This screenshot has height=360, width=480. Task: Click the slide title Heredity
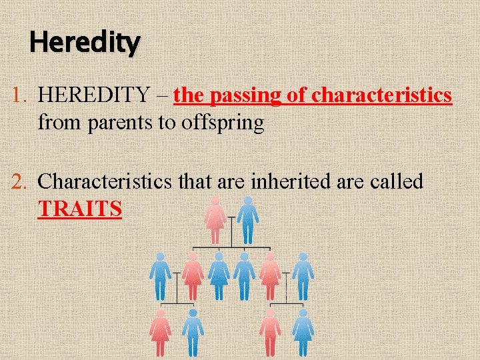pyautogui.click(x=85, y=43)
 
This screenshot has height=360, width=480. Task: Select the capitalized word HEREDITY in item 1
pyautogui.click(x=94, y=96)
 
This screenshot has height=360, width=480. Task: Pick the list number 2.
pyautogui.click(x=19, y=181)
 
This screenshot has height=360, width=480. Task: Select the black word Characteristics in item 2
pyautogui.click(x=107, y=181)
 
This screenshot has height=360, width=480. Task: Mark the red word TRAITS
pyautogui.click(x=80, y=209)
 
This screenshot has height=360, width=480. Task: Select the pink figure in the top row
pyautogui.click(x=215, y=220)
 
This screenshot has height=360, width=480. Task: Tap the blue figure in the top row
pyautogui.click(x=248, y=220)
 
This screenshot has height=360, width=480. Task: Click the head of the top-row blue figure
pyautogui.click(x=248, y=201)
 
